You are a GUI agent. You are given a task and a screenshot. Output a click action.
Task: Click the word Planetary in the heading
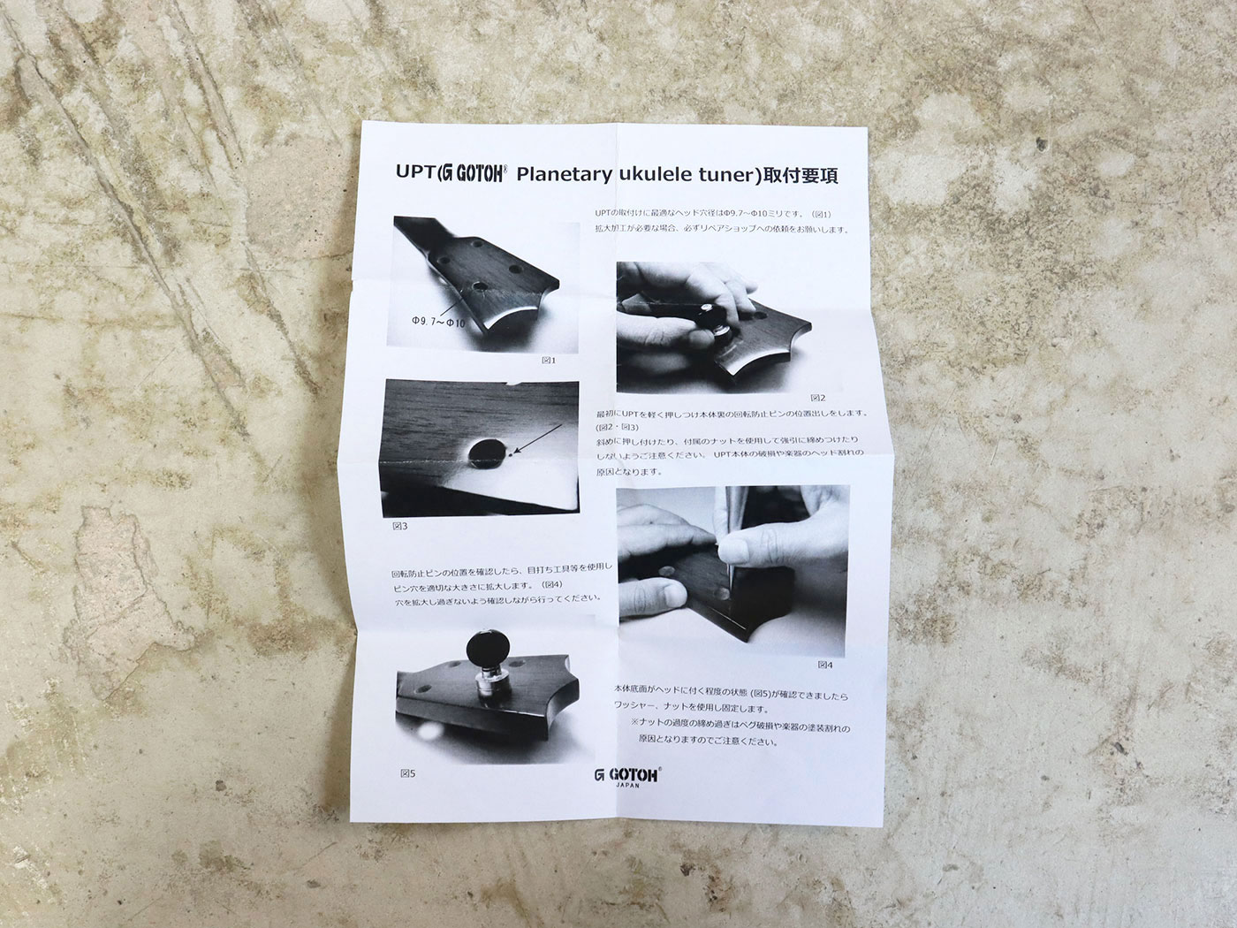pyautogui.click(x=563, y=174)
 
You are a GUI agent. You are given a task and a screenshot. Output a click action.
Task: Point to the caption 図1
pyautogui.click(x=549, y=360)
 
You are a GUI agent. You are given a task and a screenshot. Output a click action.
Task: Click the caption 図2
pyautogui.click(x=817, y=398)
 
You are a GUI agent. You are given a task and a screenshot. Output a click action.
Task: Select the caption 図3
pyautogui.click(x=399, y=526)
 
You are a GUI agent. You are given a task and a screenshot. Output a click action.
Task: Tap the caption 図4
pyautogui.click(x=825, y=664)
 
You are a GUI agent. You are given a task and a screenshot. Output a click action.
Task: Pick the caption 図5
pyautogui.click(x=407, y=773)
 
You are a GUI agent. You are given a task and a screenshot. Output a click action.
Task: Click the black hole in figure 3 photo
pyautogui.click(x=485, y=454)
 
